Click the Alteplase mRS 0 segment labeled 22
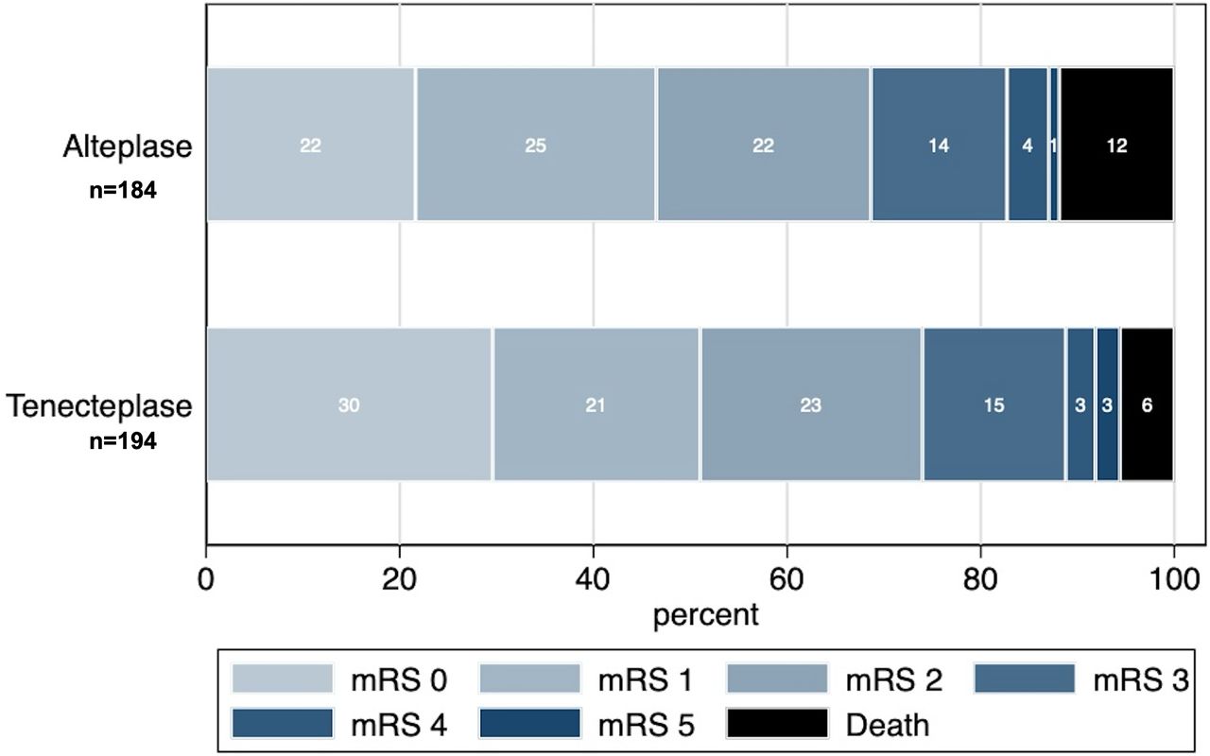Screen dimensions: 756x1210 pos(311,145)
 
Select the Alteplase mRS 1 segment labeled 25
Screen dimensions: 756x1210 pos(536,145)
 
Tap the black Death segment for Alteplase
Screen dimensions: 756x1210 pos(1116,145)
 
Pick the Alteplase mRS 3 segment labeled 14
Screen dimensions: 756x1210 pos(939,145)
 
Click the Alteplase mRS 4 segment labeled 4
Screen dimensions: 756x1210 pos(1027,145)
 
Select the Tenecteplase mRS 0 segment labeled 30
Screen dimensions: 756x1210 pos(349,404)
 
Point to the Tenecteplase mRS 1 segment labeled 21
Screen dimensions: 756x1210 pos(596,404)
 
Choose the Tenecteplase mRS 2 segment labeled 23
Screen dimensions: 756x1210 pos(810,404)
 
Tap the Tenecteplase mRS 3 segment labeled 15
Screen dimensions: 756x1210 pos(994,404)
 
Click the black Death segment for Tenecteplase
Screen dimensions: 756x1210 pos(1147,404)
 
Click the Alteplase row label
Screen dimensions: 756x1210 pos(128,147)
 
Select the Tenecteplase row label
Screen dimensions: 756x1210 pos(100,406)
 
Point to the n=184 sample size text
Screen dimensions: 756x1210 pos(123,191)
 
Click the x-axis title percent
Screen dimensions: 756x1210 pos(705,615)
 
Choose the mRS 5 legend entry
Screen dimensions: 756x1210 pos(587,724)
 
